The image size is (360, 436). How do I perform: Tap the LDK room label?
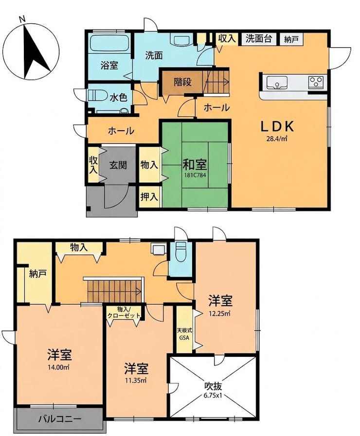(x=277, y=127)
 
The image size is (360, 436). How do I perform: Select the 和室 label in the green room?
(x=195, y=165)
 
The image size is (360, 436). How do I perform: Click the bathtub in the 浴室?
(x=110, y=43)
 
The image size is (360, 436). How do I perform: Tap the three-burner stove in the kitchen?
(x=316, y=82)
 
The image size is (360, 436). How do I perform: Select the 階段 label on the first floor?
(x=183, y=82)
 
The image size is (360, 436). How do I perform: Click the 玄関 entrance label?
(x=118, y=165)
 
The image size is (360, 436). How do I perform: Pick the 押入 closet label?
(x=149, y=197)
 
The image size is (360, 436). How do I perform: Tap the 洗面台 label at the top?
(x=259, y=39)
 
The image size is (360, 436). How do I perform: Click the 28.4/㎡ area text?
(x=277, y=139)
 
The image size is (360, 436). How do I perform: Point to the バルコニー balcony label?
(x=60, y=419)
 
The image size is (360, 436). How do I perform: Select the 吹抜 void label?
(x=214, y=386)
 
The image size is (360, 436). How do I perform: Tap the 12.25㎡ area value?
(x=219, y=314)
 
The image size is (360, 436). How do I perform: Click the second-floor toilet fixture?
(x=181, y=251)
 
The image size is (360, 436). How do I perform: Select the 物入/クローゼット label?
(x=124, y=313)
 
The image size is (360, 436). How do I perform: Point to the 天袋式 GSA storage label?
(x=185, y=334)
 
